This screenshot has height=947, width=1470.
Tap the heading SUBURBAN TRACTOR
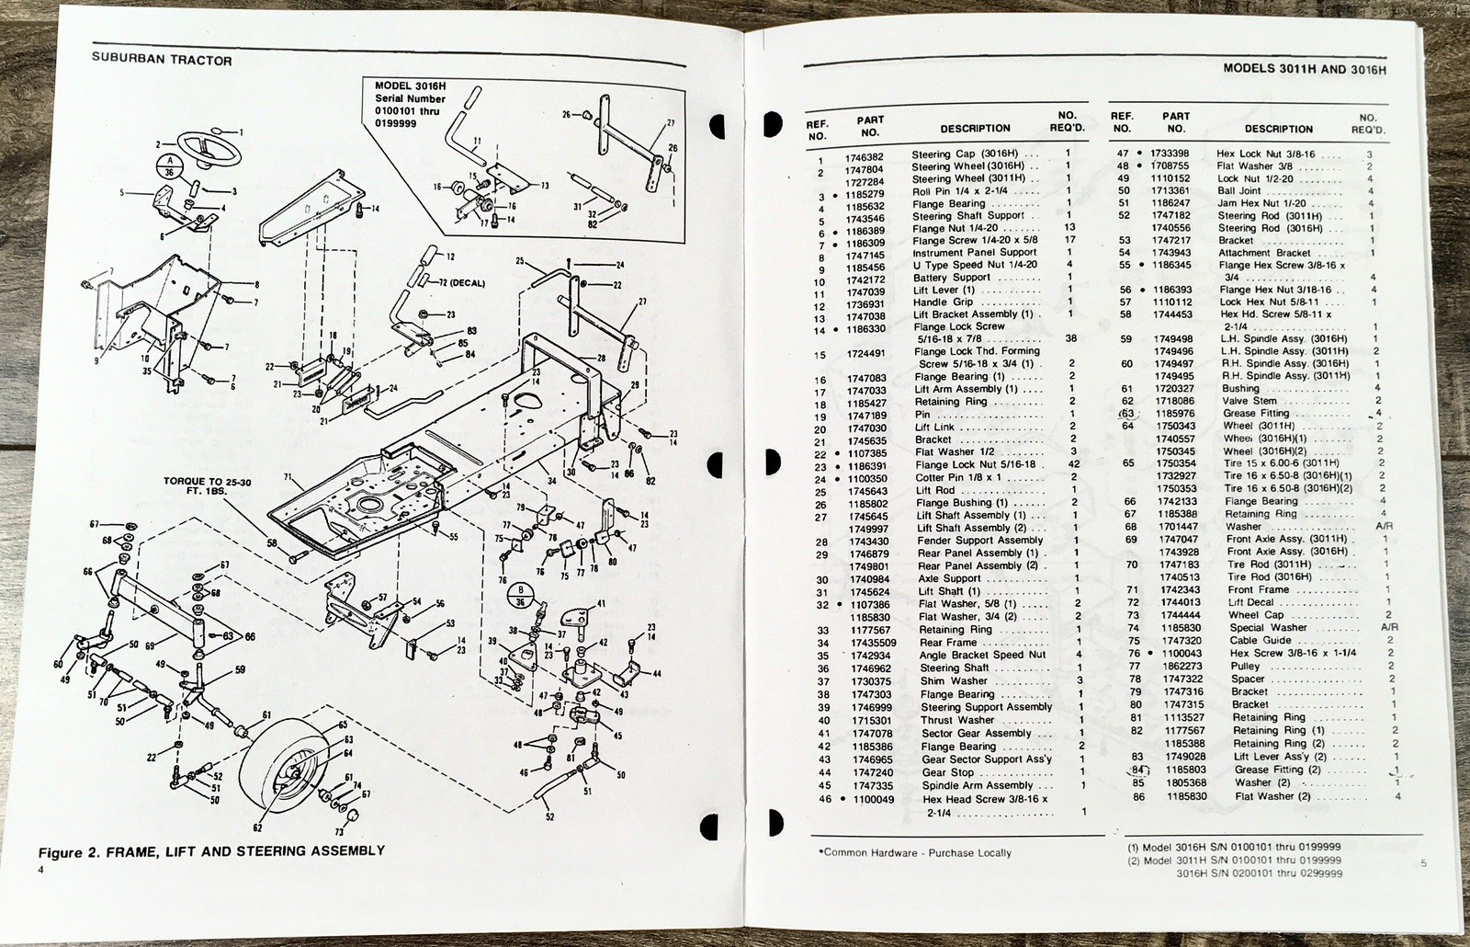[162, 61]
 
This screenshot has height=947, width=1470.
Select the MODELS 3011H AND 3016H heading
[1305, 68]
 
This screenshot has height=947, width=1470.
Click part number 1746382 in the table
[864, 157]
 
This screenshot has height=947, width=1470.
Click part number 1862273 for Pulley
[1176, 666]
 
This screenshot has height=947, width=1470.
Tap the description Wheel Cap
[1256, 615]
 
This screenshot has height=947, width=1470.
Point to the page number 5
[1423, 862]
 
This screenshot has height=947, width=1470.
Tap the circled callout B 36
[520, 595]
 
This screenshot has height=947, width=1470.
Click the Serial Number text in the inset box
[410, 98]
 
